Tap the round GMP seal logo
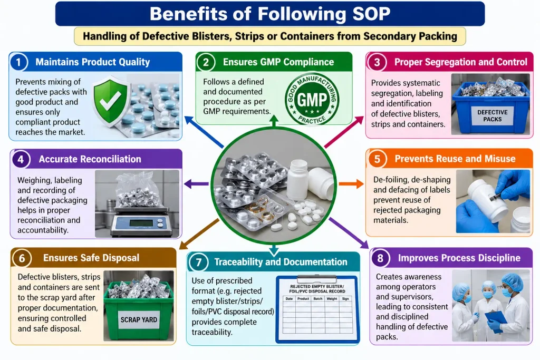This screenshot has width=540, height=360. pos(312,100)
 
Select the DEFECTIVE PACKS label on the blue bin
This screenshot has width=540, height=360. pos(492,115)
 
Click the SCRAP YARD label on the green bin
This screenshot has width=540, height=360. pos(139,320)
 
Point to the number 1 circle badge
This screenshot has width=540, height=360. pos(18,62)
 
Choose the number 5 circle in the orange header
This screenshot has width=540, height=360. pos(377,159)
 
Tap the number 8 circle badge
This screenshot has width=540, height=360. pos(380,258)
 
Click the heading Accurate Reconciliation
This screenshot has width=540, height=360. pos(90,159)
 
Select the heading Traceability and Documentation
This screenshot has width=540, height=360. pos(281,262)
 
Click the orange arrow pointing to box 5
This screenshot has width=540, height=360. pos(351,184)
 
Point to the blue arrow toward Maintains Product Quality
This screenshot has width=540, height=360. pos(204,132)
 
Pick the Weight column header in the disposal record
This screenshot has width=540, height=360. pos(332,299)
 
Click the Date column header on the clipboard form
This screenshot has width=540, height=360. pos(289,299)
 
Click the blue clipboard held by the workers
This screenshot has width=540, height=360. pos(496,320)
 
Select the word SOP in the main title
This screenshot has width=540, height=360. pos(371,14)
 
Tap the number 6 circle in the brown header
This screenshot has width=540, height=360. pos(22,258)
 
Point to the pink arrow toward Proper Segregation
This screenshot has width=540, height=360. pos(344,132)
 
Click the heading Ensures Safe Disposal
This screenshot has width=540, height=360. pos(91,258)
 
